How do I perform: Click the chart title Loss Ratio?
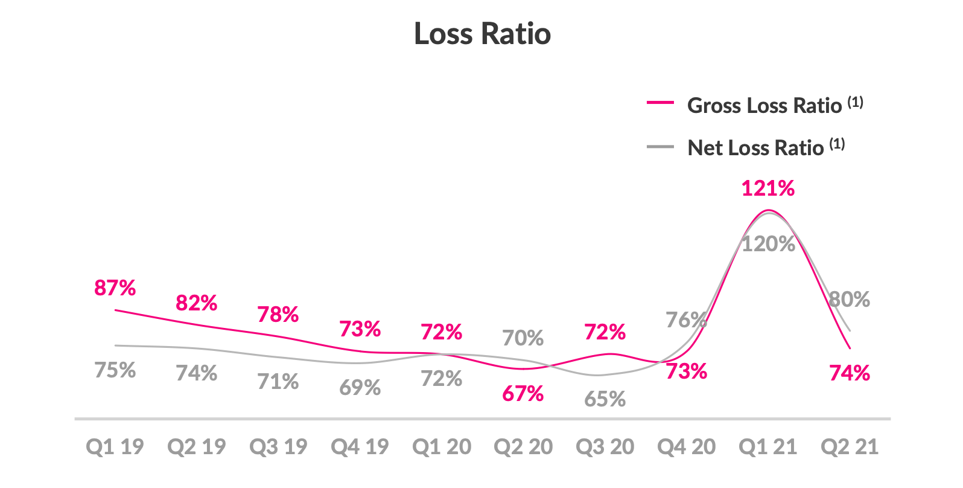pyautogui.click(x=482, y=33)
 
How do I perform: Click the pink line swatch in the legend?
pyautogui.click(x=659, y=103)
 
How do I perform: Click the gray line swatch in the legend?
pyautogui.click(x=659, y=146)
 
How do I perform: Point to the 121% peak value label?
pyautogui.click(x=768, y=188)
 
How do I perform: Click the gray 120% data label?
pyautogui.click(x=768, y=244)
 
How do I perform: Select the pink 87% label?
pyautogui.click(x=115, y=288)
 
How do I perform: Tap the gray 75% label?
pyautogui.click(x=115, y=370)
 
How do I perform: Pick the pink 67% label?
pyautogui.click(x=523, y=394)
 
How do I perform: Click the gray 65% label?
pyautogui.click(x=605, y=399)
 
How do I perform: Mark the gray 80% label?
pyautogui.click(x=849, y=300)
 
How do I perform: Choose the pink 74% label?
pyautogui.click(x=849, y=373)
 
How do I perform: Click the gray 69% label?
pyautogui.click(x=360, y=387)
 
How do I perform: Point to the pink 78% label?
pyautogui.click(x=278, y=315)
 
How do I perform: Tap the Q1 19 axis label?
pyautogui.click(x=115, y=447)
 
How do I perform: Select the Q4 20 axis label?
pyautogui.click(x=686, y=447)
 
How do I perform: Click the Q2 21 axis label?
pyautogui.click(x=849, y=447)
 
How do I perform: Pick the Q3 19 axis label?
pyautogui.click(x=278, y=447)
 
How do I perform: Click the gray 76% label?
pyautogui.click(x=685, y=319)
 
